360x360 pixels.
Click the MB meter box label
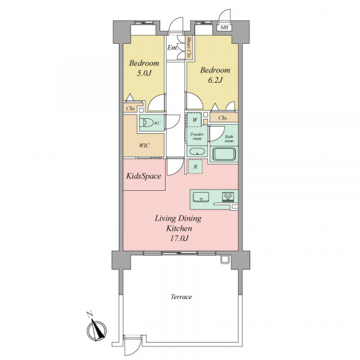click(224, 28)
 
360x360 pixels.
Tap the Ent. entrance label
click(172, 48)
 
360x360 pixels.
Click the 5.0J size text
click(144, 73)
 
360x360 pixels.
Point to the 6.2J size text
click(215, 80)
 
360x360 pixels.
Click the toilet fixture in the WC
click(146, 123)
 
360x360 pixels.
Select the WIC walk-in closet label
click(144, 145)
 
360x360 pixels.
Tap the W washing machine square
click(194, 119)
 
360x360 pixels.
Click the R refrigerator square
click(195, 167)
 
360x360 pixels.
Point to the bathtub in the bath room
click(224, 154)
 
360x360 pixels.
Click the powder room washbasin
click(197, 152)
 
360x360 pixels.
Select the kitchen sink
click(201, 197)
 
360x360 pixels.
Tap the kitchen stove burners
click(228, 197)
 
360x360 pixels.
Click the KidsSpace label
click(144, 176)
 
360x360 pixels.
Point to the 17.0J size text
click(179, 238)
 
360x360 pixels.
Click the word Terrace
click(181, 296)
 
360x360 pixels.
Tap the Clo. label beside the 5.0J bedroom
click(131, 109)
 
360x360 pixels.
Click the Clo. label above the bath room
click(223, 118)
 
